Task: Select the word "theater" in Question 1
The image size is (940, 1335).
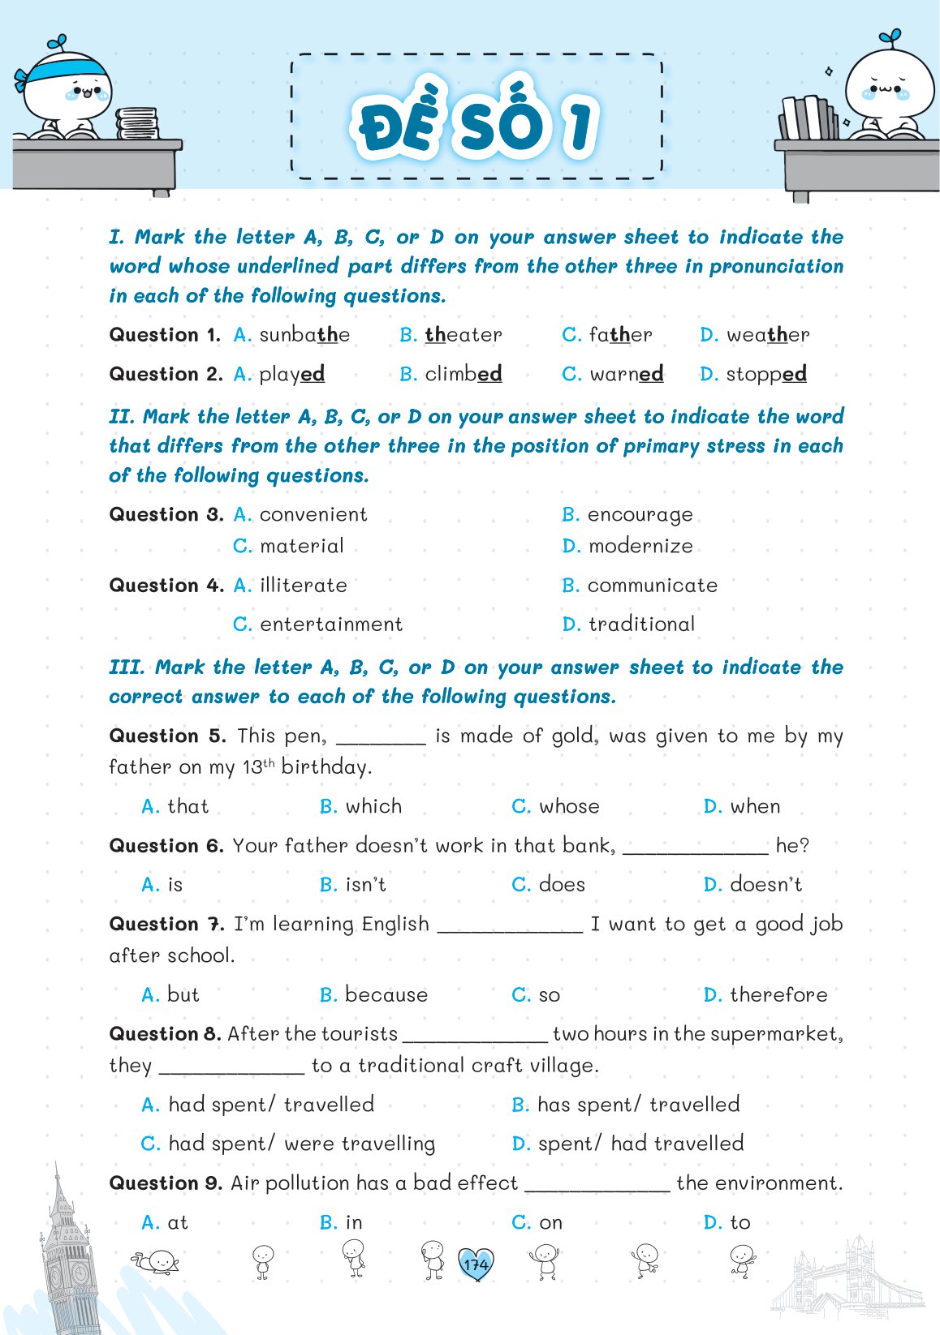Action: coord(464,335)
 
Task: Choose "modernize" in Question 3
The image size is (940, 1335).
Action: coord(640,546)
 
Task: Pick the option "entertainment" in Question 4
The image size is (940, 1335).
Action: coord(330,624)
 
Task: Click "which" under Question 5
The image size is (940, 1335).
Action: coord(373,806)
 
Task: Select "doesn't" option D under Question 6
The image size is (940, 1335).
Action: coord(765,884)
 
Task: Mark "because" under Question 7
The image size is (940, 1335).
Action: coord(386,994)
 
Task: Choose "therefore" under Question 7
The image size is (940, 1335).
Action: coord(778,994)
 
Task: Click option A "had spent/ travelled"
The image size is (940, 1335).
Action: coord(271,1105)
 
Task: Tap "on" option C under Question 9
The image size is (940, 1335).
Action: coord(550,1222)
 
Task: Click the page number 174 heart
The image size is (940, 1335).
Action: coord(476,1264)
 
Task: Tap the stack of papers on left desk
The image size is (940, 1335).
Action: coord(136,124)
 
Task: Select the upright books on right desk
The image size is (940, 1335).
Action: coord(808,118)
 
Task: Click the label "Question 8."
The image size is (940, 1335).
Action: coord(165,1034)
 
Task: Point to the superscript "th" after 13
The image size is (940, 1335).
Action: coord(269,762)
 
